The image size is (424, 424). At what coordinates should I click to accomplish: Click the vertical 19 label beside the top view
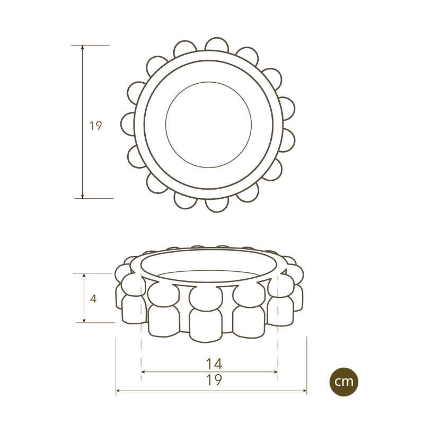click(x=95, y=126)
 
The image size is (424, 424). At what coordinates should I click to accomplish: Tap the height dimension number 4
click(x=93, y=298)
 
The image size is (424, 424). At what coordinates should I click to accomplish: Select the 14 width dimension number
click(x=214, y=364)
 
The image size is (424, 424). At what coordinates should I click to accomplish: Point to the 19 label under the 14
click(x=214, y=380)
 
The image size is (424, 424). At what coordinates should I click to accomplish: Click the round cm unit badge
click(x=344, y=382)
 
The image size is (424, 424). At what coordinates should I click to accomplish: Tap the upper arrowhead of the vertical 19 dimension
click(x=83, y=48)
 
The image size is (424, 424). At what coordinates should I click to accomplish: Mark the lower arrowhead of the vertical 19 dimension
click(x=83, y=196)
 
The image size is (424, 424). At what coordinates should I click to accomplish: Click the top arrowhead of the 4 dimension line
click(x=84, y=276)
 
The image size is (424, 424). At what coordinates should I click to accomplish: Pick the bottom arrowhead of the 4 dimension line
click(x=84, y=320)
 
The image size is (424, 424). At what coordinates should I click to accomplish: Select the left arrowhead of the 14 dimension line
click(x=144, y=372)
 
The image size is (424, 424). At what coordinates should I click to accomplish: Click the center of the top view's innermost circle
click(x=208, y=125)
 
